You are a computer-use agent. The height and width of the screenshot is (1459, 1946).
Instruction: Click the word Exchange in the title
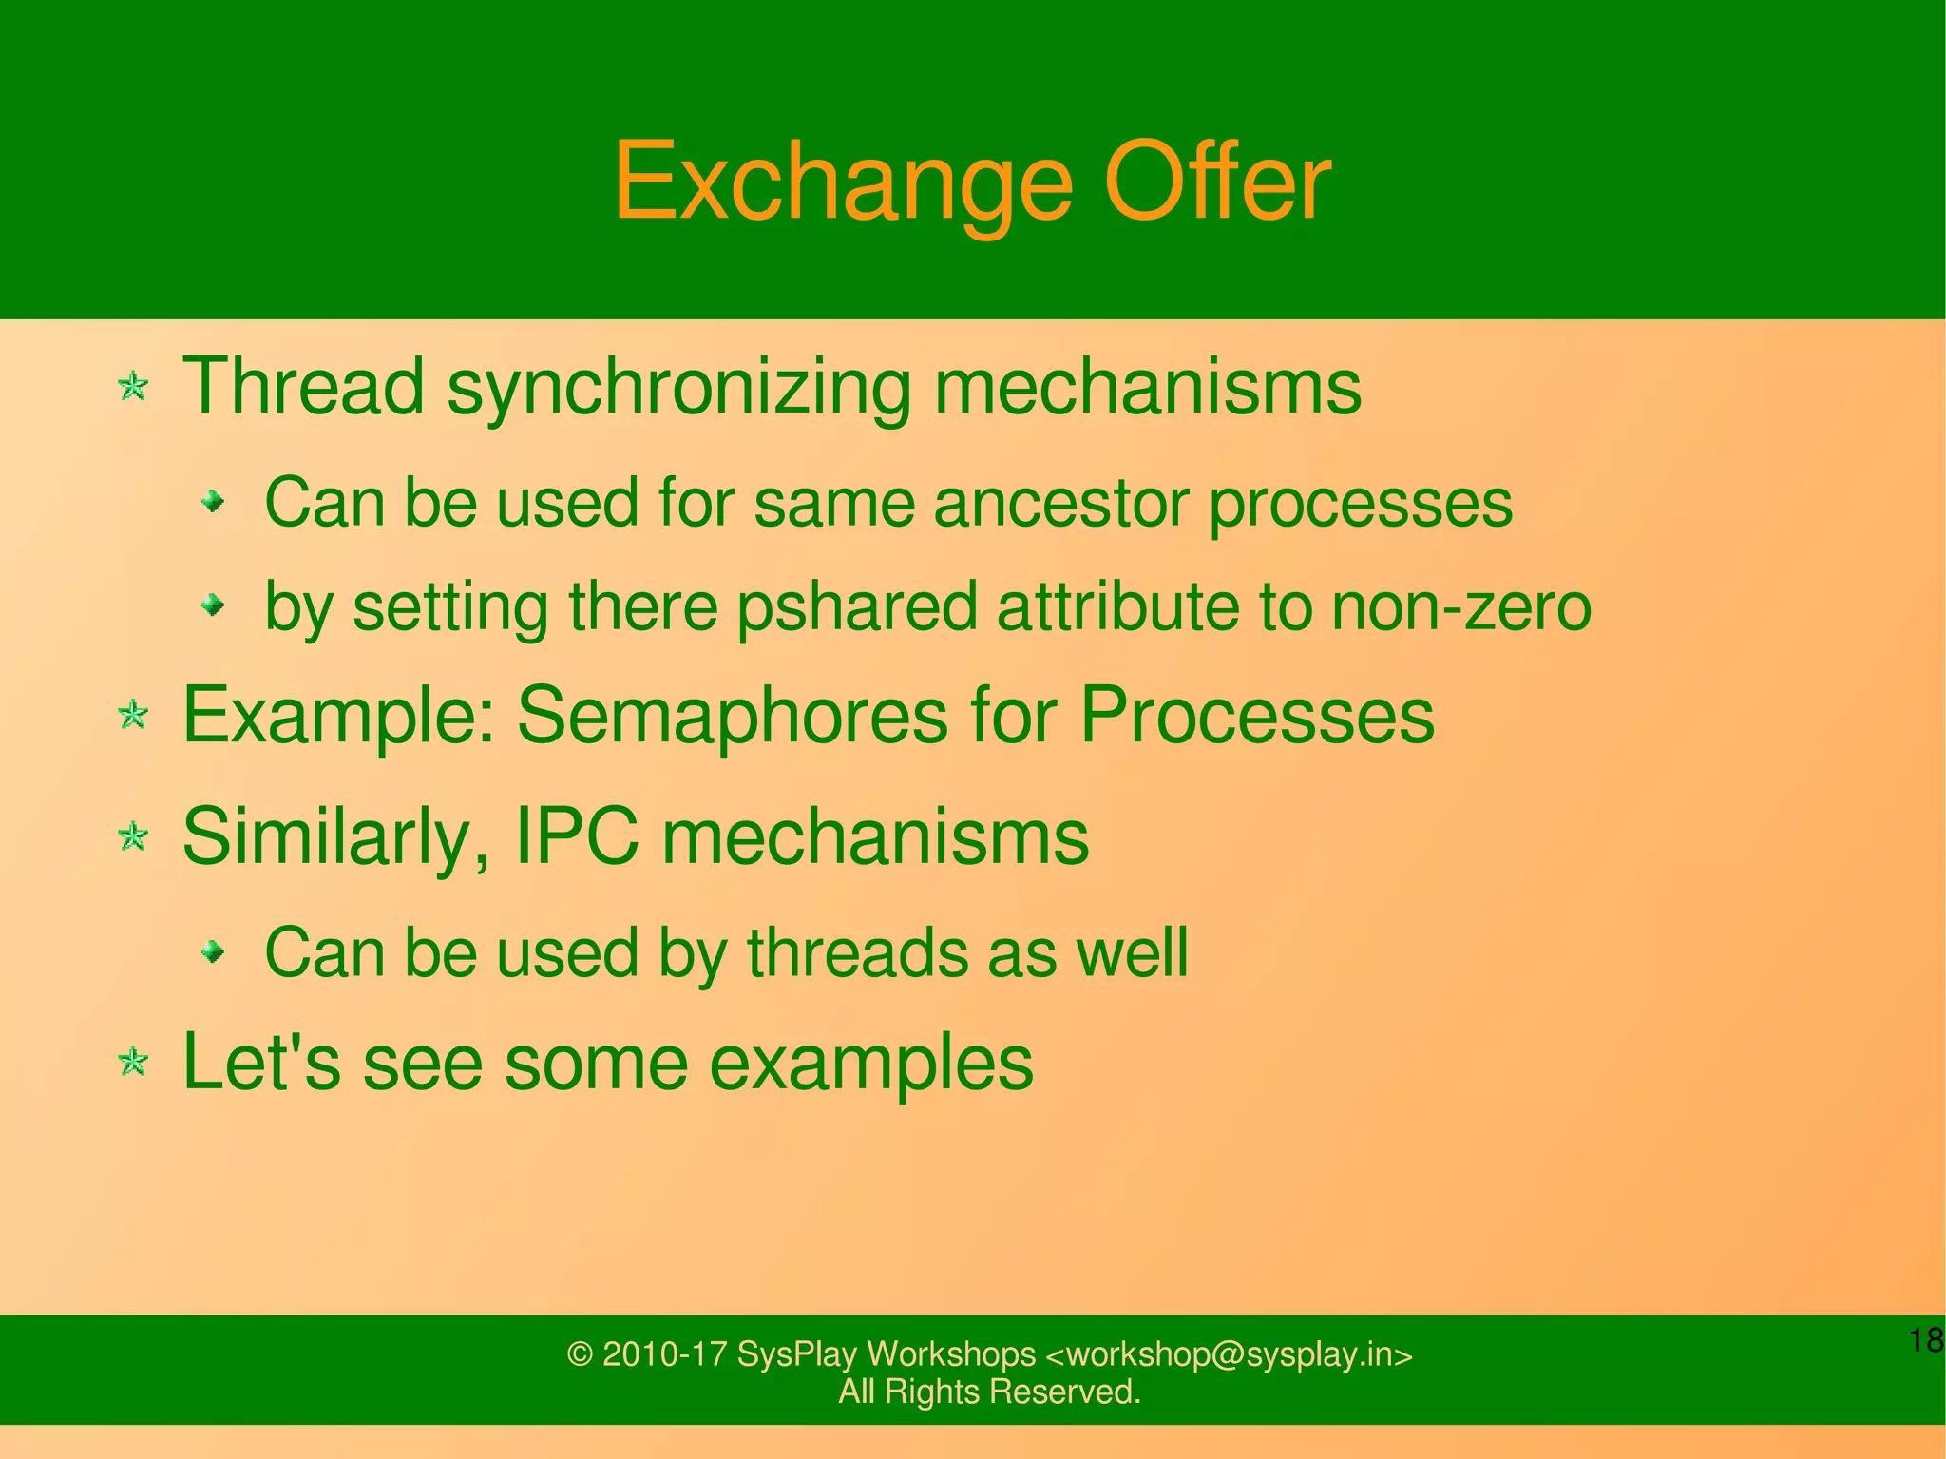click(x=843, y=182)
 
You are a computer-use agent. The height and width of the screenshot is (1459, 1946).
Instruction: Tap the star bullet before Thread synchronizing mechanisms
click(x=134, y=387)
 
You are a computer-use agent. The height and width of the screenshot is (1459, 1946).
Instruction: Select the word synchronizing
click(x=677, y=387)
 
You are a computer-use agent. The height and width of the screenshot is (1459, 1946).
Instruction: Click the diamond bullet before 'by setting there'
click(x=215, y=605)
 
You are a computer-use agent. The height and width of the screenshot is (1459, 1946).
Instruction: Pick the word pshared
click(x=857, y=607)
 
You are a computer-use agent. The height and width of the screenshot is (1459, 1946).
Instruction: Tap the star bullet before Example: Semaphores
click(x=134, y=715)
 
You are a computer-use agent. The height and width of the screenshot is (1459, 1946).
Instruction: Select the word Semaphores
click(x=732, y=715)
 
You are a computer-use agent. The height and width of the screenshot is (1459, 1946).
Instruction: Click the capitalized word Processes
click(x=1256, y=715)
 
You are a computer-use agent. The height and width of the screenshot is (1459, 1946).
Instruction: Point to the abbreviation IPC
click(x=576, y=836)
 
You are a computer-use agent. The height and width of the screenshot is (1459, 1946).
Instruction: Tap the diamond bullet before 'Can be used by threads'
click(x=215, y=951)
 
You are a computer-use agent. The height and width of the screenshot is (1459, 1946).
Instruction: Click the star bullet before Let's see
click(x=134, y=1062)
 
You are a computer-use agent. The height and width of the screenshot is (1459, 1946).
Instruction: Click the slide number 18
click(x=1925, y=1340)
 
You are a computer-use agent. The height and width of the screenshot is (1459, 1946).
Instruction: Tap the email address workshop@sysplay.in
click(x=1229, y=1353)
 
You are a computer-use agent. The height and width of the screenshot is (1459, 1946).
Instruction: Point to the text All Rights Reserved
click(x=989, y=1392)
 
